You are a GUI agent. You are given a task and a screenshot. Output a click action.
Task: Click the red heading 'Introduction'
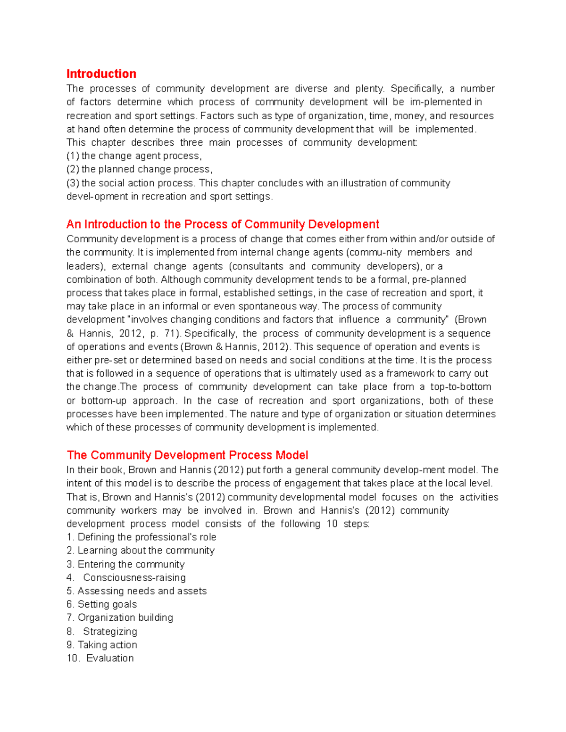101,74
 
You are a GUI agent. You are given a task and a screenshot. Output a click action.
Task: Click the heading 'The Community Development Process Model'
187,455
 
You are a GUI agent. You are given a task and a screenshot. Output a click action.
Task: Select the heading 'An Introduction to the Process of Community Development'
223,224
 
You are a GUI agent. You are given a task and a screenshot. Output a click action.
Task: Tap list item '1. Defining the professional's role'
141,537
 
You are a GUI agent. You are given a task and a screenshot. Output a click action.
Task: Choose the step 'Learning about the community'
146,551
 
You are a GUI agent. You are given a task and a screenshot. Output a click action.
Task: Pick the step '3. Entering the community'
125,564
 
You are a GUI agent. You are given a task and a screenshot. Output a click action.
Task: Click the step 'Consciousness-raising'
134,578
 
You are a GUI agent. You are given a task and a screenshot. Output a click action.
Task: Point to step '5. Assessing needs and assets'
137,591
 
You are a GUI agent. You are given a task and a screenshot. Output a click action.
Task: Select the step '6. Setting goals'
102,604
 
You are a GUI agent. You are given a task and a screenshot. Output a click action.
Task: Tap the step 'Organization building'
125,618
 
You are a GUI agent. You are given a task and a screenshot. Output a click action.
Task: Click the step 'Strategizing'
110,632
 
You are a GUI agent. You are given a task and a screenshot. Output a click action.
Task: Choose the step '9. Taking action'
102,645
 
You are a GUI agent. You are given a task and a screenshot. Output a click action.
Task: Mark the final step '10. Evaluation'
100,658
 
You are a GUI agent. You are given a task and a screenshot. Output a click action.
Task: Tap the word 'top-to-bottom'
461,387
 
